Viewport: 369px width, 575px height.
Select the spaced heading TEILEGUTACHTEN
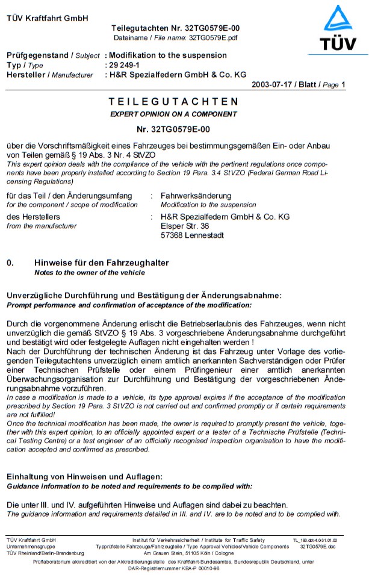click(173, 102)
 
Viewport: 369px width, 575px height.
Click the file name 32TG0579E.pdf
click(213, 37)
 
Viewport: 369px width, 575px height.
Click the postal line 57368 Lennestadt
click(192, 235)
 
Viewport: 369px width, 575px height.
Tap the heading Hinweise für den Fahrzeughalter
click(102, 263)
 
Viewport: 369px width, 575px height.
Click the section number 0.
click(10, 263)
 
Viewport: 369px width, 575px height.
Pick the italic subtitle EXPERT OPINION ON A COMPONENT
click(173, 114)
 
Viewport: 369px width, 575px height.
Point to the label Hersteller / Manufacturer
click(50, 75)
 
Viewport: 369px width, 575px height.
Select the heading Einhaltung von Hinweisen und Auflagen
click(84, 477)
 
